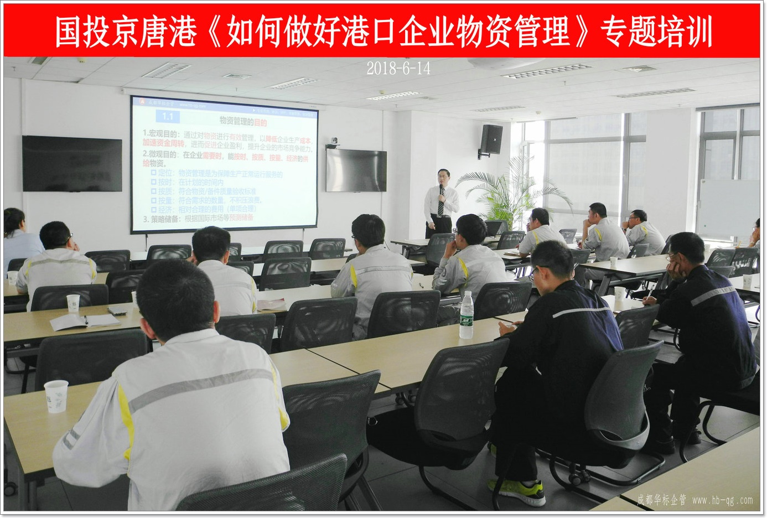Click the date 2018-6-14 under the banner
pyautogui.click(x=398, y=69)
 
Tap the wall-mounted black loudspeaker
pyautogui.click(x=491, y=139)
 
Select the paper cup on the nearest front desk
pyautogui.click(x=56, y=396)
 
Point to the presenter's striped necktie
pyautogui.click(x=441, y=203)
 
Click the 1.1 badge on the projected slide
pyautogui.click(x=167, y=116)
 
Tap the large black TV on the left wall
pyautogui.click(x=72, y=164)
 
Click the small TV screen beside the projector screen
pyautogui.click(x=356, y=170)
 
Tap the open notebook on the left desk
pyautogui.click(x=83, y=321)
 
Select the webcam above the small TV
pyautogui.click(x=334, y=143)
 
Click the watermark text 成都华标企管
pyautogui.click(x=661, y=500)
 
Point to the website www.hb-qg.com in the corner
pyautogui.click(x=722, y=500)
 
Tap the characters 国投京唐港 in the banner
pyautogui.click(x=126, y=31)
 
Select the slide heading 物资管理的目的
pyautogui.click(x=243, y=122)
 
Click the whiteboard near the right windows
pyautogui.click(x=727, y=207)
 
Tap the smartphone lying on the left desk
pyautogui.click(x=117, y=310)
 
